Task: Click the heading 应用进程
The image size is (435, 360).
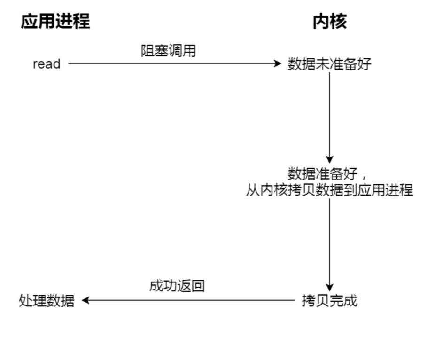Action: coord(55,22)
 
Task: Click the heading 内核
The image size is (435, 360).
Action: coord(330,22)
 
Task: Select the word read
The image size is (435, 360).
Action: coord(47,64)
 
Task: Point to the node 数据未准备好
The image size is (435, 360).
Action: coord(329,64)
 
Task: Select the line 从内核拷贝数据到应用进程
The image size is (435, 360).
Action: coord(329,190)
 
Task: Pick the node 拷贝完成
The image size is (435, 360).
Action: coord(329,300)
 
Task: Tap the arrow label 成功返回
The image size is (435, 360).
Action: coord(177,286)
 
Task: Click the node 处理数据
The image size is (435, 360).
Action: coord(47,300)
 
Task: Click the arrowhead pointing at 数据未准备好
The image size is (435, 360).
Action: coord(277,63)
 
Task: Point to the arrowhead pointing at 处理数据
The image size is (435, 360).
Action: coord(85,300)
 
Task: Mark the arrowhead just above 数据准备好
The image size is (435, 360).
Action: coord(329,159)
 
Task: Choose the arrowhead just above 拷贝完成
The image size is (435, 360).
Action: coord(329,287)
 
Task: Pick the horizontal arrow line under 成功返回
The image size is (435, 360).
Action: coord(188,300)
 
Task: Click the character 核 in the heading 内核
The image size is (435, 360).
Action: coord(338,22)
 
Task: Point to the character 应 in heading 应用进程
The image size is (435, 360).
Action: coord(29,22)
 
